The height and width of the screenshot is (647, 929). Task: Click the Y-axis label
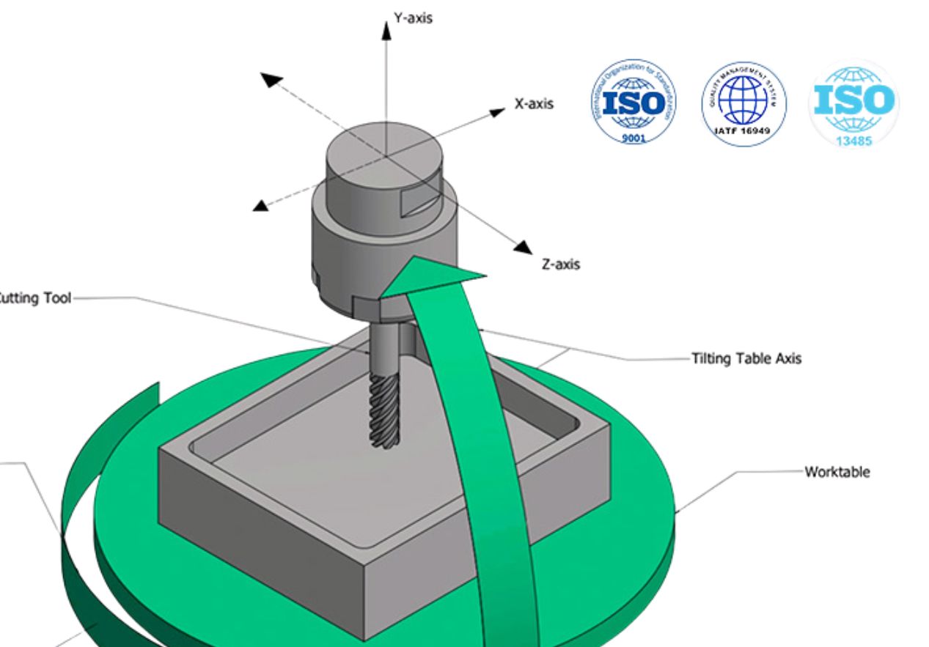click(413, 18)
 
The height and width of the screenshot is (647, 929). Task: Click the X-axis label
click(533, 104)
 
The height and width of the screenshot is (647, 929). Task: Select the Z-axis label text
click(560, 264)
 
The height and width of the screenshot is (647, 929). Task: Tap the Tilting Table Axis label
click(746, 359)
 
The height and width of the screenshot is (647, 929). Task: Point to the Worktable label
click(837, 472)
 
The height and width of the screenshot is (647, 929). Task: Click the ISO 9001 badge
click(633, 102)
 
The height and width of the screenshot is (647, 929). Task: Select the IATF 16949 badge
click(743, 103)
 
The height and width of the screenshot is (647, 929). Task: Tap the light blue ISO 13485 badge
click(853, 103)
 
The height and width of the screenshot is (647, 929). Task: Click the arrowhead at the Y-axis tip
click(387, 29)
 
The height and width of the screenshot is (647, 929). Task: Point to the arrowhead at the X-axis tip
click(498, 111)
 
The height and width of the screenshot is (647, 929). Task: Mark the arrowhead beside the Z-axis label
click(523, 247)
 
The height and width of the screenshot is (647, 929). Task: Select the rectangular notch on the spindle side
click(419, 200)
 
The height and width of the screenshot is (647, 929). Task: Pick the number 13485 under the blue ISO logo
click(853, 140)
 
